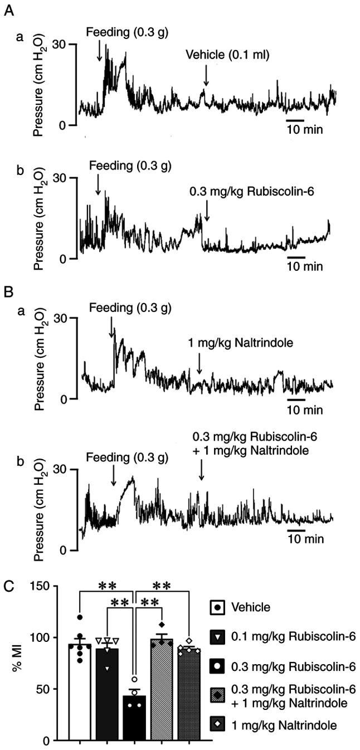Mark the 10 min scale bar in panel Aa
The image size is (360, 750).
pos(295,120)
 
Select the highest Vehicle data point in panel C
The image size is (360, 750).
pos(80,617)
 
